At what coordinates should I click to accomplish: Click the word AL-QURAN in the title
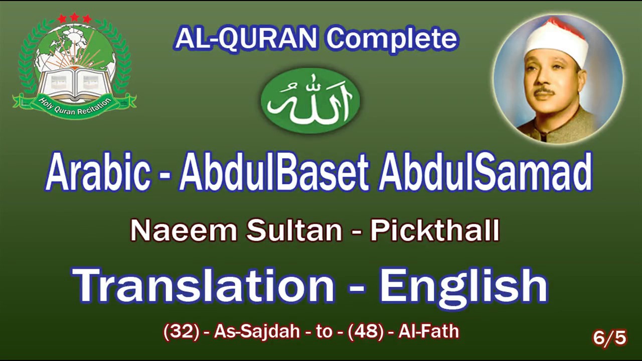pos(246,39)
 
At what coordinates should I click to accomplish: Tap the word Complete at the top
pos(392,39)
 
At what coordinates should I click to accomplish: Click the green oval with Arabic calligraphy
pos(310,100)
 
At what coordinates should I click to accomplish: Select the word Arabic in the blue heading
pos(98,173)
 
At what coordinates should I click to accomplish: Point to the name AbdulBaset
pos(273,173)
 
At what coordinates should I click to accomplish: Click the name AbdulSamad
pos(486,173)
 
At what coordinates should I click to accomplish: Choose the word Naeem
pos(184,231)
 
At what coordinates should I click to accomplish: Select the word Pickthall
pos(434,231)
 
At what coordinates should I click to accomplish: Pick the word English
pos(462,286)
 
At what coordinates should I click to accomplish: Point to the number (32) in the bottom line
pos(182,332)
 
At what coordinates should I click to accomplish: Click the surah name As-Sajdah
pos(257,332)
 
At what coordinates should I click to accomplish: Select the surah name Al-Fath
pos(429,332)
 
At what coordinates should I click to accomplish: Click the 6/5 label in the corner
pos(609,338)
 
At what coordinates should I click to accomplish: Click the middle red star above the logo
pos(75,17)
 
